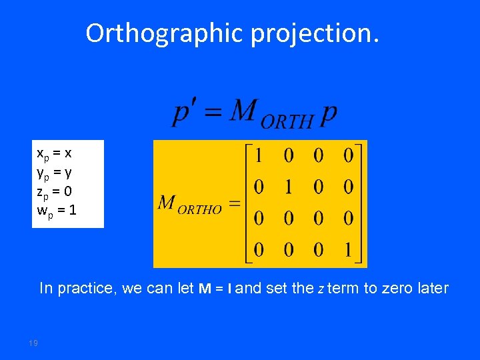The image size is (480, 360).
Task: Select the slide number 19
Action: pos(33,343)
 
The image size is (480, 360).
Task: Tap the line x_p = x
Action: pos(54,153)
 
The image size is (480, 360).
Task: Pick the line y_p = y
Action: pos(54,173)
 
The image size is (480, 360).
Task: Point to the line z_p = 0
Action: pos(55,192)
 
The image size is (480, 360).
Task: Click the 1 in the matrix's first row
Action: pos(259,156)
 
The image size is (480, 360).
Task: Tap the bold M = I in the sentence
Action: pos(215,289)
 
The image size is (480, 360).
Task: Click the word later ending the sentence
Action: pos(431,289)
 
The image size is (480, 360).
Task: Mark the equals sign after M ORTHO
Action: pos(234,204)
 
